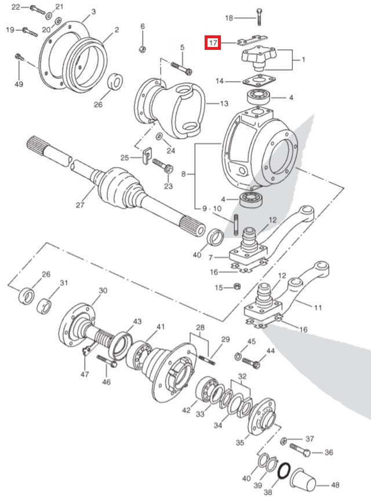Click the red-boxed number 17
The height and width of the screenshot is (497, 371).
(213, 42)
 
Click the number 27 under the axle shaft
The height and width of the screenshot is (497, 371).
(79, 204)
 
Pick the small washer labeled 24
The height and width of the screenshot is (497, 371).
(158, 136)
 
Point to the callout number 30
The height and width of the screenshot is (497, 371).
(103, 290)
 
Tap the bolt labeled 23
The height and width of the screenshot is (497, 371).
(163, 168)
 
